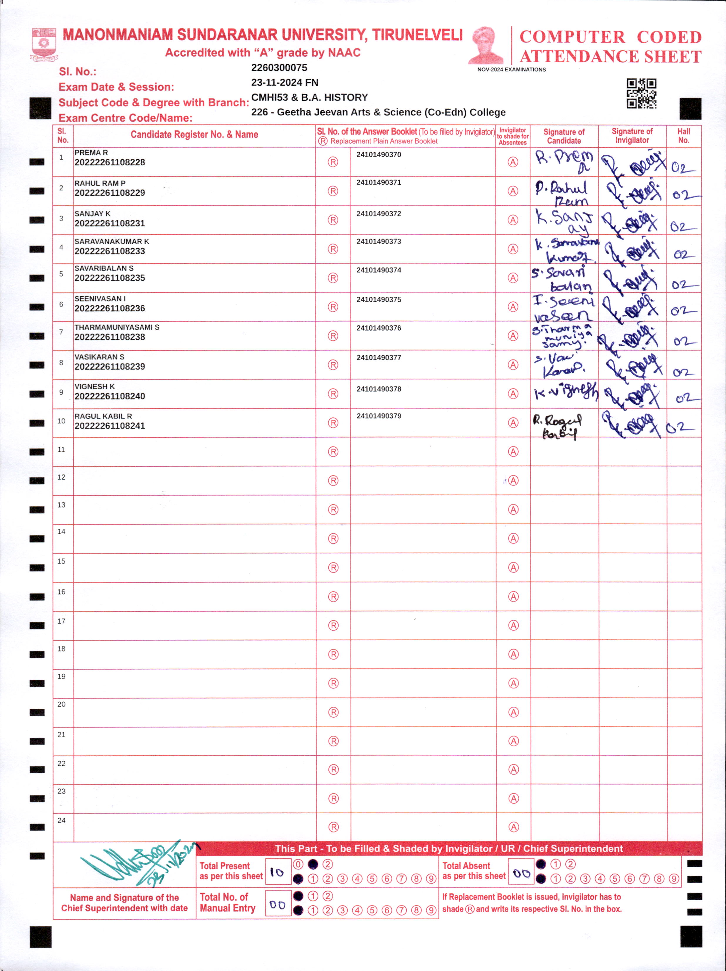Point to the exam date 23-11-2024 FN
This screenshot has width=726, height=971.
[284, 83]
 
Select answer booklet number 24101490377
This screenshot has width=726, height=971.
[378, 357]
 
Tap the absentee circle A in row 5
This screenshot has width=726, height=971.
[513, 278]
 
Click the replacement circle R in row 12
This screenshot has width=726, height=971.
[333, 481]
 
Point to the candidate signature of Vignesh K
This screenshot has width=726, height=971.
[565, 392]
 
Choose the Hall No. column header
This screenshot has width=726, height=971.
[683, 136]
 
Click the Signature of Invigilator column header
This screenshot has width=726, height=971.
[632, 136]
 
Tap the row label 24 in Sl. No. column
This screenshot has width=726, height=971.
[61, 820]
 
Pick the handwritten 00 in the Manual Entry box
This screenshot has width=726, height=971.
[278, 905]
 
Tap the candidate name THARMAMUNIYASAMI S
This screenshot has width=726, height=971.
[117, 327]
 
